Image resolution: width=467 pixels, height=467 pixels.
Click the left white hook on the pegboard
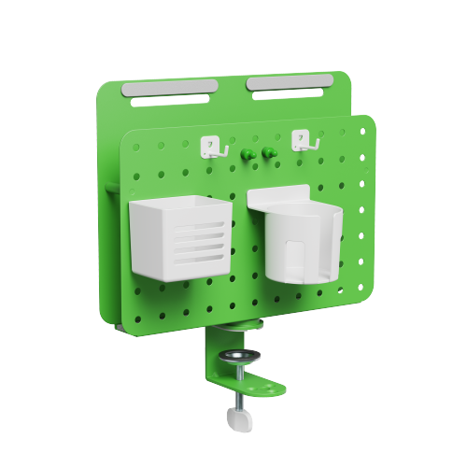pos(212,147)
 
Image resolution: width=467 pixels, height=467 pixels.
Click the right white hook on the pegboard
pos(301,142)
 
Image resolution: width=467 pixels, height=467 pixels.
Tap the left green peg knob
pos(247,153)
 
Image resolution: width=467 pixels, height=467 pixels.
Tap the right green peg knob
pos(267,151)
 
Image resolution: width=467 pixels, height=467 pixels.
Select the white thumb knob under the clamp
pos(241,421)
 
